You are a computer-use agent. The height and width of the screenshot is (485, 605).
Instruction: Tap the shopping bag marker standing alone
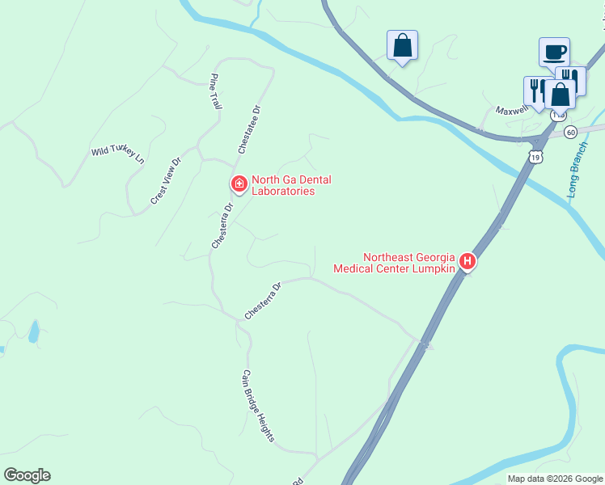pos(402,47)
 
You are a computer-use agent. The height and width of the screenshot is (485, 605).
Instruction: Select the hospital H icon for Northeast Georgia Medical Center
pos(467,262)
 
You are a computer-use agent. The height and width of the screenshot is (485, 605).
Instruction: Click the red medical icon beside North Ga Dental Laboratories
pos(239,185)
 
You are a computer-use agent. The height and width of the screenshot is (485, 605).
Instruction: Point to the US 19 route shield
pos(535,158)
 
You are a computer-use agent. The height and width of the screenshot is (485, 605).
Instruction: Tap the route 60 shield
pos(571,132)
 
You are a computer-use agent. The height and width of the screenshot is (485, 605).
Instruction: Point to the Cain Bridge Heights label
pos(258,406)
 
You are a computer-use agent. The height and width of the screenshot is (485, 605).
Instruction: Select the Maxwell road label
pos(511,110)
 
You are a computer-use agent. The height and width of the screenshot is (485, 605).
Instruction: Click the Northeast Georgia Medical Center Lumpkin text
pos(396,263)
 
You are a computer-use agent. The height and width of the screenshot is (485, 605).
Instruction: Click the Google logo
pos(27,475)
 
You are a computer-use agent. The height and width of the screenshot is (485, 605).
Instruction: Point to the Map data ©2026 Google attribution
pos(554,479)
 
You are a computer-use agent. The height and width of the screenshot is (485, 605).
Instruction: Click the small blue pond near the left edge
pos(33,331)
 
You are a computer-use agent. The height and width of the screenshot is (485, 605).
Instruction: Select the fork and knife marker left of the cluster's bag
pos(536,91)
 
